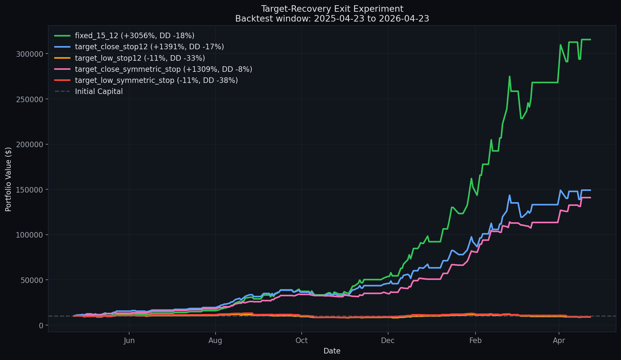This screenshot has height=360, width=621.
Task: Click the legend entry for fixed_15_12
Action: point(124,36)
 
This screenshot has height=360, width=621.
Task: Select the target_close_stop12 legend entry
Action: point(139,47)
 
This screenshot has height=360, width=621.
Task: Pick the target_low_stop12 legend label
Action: point(129,58)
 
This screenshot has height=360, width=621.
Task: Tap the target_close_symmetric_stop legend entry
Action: point(153,69)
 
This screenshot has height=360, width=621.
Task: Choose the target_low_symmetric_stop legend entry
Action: point(146,80)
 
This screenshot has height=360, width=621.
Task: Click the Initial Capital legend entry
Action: point(88,91)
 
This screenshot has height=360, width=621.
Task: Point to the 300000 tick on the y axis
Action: point(29,54)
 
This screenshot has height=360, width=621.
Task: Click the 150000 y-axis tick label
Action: point(29,190)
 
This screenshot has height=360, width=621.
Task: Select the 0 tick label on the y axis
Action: point(41,325)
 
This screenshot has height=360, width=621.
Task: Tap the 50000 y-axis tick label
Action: point(32,280)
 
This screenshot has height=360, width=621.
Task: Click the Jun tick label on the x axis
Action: point(129,341)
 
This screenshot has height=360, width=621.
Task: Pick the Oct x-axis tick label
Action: point(302,341)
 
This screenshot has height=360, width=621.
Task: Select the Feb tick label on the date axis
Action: point(475,341)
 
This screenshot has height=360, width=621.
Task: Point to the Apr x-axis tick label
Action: point(559,341)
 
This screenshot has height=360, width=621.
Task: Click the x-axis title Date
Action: point(332,351)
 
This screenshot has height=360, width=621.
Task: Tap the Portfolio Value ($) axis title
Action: point(8,179)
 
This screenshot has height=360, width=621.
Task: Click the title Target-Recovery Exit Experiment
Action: point(332,9)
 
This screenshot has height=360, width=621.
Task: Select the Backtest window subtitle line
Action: point(332,19)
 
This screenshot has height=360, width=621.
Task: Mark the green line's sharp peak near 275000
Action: point(509,76)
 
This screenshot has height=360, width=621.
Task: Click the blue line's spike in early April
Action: point(560,190)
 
